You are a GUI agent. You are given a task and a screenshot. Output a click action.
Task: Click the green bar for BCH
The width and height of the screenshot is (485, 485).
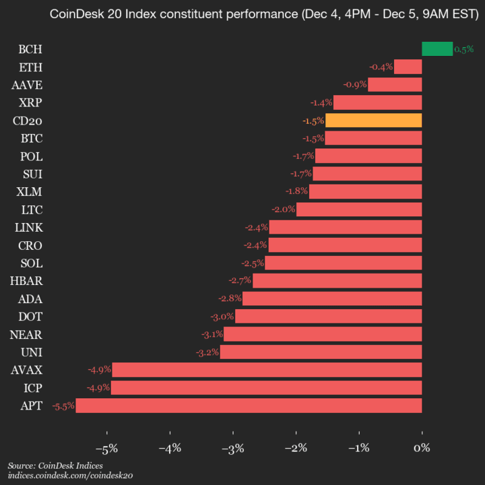point(437,48)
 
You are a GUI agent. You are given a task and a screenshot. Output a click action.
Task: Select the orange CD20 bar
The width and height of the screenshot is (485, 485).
point(373,121)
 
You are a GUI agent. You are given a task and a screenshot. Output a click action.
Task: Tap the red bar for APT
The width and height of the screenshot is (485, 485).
point(249,406)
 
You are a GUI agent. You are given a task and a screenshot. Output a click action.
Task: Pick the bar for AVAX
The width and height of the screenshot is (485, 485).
point(267,370)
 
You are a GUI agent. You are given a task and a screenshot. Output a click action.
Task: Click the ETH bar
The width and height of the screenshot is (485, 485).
point(408,67)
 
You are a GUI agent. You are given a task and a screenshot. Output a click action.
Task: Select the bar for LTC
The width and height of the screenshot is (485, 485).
point(359,209)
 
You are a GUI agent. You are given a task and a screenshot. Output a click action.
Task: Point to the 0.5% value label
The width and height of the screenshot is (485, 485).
point(464,49)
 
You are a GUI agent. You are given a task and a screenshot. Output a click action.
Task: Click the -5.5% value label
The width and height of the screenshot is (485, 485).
point(63,406)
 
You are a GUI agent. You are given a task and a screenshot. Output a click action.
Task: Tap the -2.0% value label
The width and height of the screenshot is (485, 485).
point(284,209)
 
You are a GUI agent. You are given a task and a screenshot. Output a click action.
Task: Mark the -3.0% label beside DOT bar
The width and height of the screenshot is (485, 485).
point(222,317)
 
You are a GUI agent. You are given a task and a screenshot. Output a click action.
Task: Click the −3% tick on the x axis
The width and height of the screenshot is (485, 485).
point(233,447)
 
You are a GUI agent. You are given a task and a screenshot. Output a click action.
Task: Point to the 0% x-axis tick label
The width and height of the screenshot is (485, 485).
point(422,447)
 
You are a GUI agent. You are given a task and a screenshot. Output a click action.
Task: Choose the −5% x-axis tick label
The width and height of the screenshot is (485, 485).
point(107,447)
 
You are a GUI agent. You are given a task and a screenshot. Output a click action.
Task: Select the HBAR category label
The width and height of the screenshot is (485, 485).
point(26,281)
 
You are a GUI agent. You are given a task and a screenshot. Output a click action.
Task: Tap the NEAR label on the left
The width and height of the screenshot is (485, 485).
point(26,334)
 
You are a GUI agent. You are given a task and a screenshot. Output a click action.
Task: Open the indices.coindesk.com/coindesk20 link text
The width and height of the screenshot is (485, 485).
point(71,476)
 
